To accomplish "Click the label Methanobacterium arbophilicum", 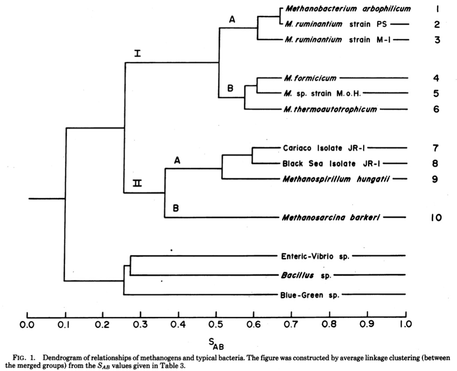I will [348, 8].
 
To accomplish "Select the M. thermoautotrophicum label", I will [330, 109].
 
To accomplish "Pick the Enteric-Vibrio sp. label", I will [315, 256].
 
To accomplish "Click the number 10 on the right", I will [436, 217].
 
